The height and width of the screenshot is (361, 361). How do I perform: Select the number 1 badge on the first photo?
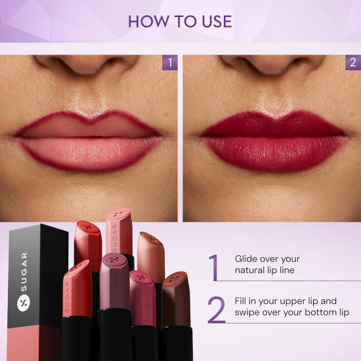[x=170, y=63]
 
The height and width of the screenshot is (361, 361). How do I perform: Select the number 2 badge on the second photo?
[x=353, y=63]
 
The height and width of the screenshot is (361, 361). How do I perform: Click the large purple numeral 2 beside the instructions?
[x=216, y=310]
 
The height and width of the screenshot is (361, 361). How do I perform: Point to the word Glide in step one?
[x=247, y=259]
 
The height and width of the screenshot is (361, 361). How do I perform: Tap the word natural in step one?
[x=250, y=270]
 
